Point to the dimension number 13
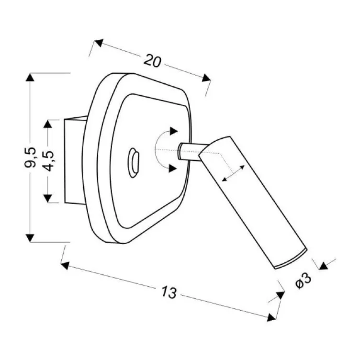pyautogui.click(x=169, y=292)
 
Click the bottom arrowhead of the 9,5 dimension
pyautogui.click(x=30, y=237)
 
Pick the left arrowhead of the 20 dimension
pyautogui.click(x=99, y=43)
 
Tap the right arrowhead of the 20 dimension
pyautogui.click(x=206, y=78)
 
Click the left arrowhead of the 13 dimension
pyautogui.click(x=65, y=265)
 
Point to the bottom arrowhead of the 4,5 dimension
pyautogui.click(x=47, y=198)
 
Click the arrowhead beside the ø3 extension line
pyautogui.click(x=323, y=265)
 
